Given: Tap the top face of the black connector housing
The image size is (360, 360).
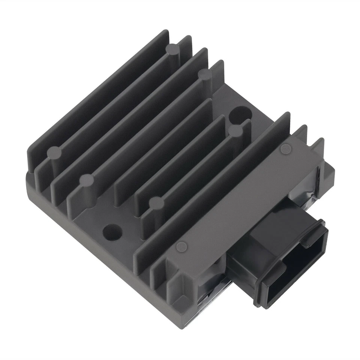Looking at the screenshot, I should pyautogui.click(x=262, y=240).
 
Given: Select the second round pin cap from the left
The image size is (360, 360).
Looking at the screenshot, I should pyautogui.click(x=87, y=180).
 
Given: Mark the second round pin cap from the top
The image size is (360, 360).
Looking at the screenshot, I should pyautogui.click(x=205, y=74).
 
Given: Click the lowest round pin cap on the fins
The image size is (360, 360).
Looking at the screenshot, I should pyautogui.click(x=157, y=203).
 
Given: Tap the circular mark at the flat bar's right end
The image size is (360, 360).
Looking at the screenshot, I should pyautogui.click(x=286, y=148).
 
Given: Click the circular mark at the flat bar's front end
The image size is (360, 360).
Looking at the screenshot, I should pyautogui.click(x=182, y=246).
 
